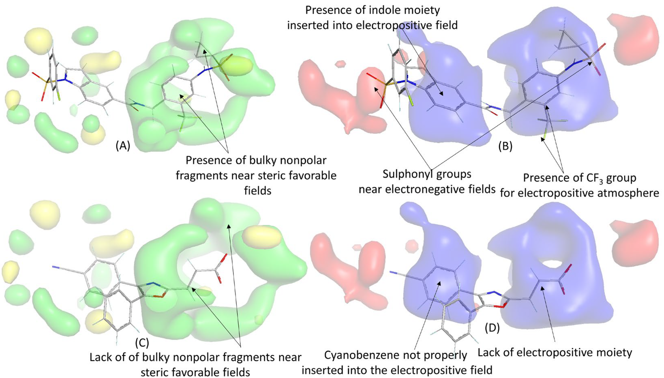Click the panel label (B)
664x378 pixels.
(x=505, y=147)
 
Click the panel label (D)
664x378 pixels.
(x=492, y=328)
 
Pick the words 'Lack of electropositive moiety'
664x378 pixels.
(x=555, y=352)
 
